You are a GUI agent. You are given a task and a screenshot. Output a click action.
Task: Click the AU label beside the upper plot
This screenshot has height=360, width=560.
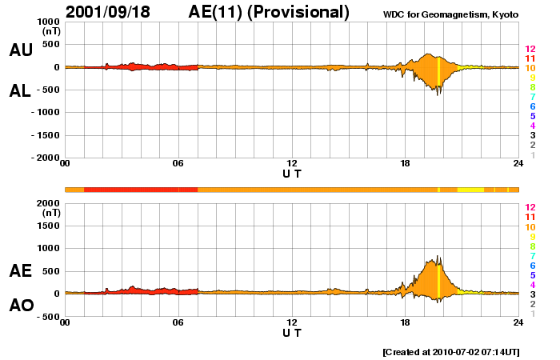click(21, 50)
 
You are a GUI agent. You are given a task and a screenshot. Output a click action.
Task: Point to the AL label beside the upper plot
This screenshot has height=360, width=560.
click(21, 91)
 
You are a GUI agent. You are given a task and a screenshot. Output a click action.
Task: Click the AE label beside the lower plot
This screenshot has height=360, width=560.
click(21, 271)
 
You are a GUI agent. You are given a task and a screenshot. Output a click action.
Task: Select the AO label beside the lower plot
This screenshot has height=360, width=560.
click(21, 306)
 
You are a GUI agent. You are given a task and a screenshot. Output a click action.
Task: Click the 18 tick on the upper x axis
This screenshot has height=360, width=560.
click(406, 164)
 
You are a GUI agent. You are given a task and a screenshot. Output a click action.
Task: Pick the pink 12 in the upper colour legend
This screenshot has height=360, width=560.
click(530, 49)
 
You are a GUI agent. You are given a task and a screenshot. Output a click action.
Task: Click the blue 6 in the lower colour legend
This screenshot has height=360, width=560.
click(530, 265)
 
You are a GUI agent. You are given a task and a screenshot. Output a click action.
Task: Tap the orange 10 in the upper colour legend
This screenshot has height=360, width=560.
click(530, 68)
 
